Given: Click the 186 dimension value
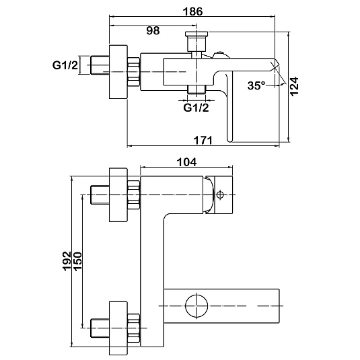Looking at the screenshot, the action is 192,11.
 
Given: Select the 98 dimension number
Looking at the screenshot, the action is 153,30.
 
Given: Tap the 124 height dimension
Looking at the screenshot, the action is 294,86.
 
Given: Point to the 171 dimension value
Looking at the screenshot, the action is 203,140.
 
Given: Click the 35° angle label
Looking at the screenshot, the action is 256,85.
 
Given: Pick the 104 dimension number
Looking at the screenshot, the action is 186,162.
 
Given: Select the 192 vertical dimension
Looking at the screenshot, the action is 67,261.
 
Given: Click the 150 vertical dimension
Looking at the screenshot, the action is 77,261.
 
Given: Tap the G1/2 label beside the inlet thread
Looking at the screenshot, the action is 65,65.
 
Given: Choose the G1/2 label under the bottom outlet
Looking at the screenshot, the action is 196,108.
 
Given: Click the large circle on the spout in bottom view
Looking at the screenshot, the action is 196,305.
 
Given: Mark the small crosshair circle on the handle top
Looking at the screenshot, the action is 220,194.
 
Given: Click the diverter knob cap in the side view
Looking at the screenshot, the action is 196,34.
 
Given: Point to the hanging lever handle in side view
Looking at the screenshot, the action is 229,108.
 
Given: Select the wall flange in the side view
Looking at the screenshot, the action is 118,72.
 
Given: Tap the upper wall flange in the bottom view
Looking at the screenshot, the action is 118,195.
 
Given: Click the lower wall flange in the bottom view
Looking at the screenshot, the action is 118,328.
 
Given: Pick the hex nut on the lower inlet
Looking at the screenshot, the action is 134,328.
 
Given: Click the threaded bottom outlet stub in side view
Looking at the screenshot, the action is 196,89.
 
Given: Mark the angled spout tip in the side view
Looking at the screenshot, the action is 275,65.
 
